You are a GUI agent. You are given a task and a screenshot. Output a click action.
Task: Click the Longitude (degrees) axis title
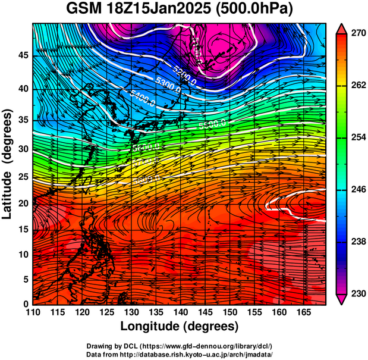coord(180,326)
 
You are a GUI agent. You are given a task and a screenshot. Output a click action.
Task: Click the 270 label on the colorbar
coord(358,34)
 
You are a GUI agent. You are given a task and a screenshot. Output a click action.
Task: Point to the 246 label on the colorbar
coord(358,190)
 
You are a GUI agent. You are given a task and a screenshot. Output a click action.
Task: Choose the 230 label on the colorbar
coord(358,294)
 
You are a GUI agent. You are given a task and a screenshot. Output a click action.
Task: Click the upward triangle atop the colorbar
coord(342,28)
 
